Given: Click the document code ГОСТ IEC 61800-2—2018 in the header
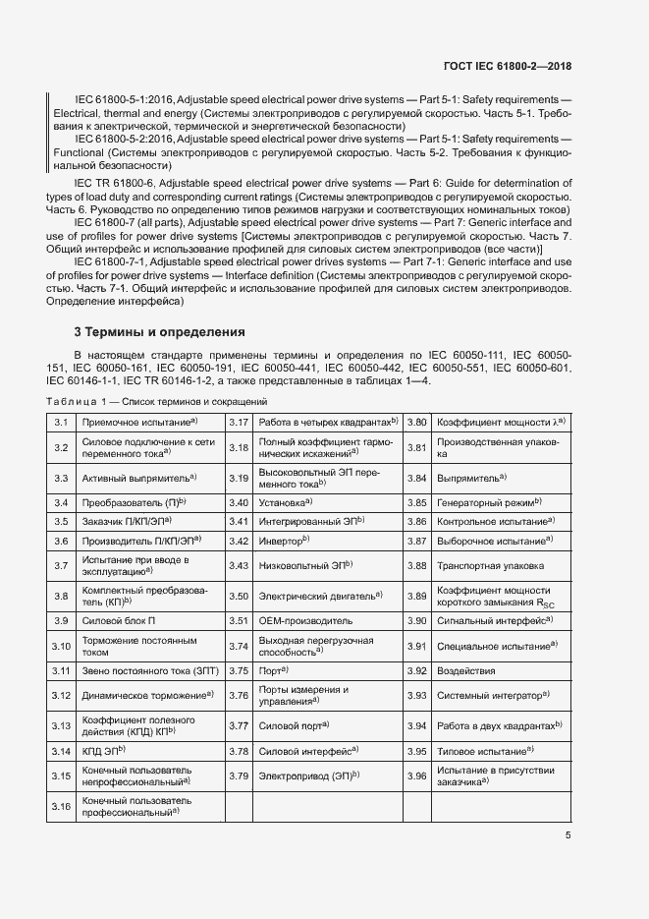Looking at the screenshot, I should (507, 67).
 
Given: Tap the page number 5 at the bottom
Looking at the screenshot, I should (568, 835).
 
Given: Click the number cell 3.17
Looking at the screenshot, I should (239, 422).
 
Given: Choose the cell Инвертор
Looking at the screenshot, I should (285, 541).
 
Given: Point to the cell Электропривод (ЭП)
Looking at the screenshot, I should (308, 775).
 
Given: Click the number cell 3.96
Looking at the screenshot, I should (416, 775).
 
